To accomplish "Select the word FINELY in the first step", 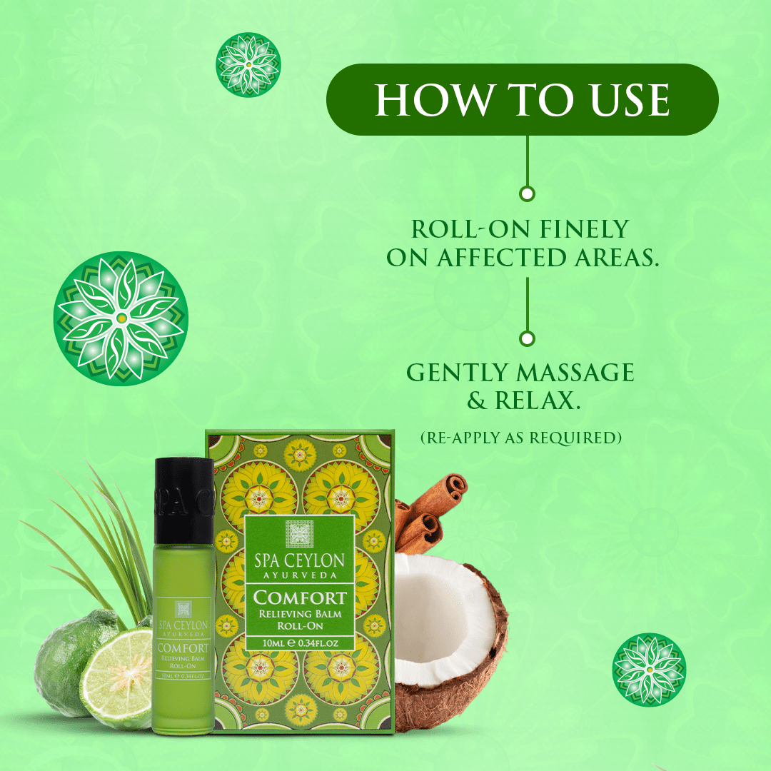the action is (585, 229).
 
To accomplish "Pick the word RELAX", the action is (538, 400).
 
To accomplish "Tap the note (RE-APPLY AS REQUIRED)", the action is (521, 437).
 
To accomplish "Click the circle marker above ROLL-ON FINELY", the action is (527, 193).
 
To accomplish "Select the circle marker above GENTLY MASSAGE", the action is (527, 339).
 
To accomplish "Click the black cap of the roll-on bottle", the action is (184, 500).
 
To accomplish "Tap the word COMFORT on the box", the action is (300, 598).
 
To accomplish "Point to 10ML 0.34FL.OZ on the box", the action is (300, 642).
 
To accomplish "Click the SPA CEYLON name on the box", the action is (299, 560).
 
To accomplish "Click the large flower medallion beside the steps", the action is (121, 318).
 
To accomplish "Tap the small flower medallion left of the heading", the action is (248, 64).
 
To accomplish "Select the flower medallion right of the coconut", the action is (649, 670).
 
